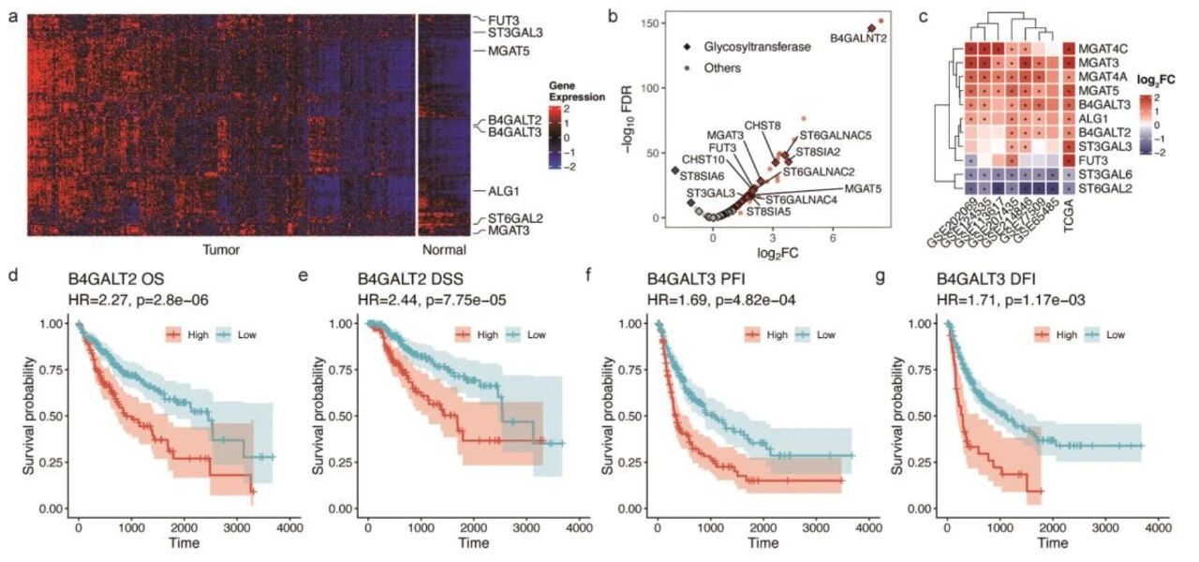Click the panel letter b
pyautogui.click(x=612, y=16)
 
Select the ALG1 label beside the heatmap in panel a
pyautogui.click(x=501, y=191)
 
